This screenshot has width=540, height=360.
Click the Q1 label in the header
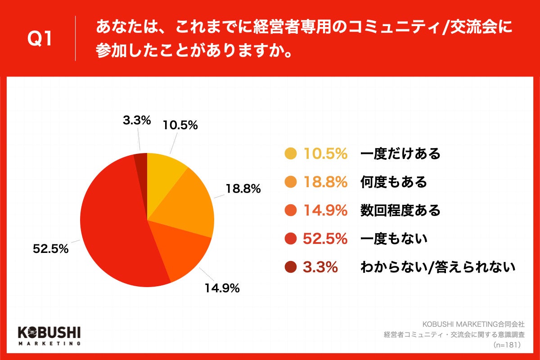(40, 39)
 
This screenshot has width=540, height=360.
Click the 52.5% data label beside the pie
(50, 248)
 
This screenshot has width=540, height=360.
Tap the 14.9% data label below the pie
(221, 288)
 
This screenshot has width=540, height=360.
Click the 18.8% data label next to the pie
(243, 189)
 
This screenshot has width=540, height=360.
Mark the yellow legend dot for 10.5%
(291, 154)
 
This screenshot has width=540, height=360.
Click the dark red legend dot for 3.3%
(291, 268)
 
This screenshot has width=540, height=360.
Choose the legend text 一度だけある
(400, 154)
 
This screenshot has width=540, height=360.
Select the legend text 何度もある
(393, 182)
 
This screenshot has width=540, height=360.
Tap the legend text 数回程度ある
(400, 211)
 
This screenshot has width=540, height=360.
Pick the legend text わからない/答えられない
(437, 268)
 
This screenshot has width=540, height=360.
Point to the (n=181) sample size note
(507, 345)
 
